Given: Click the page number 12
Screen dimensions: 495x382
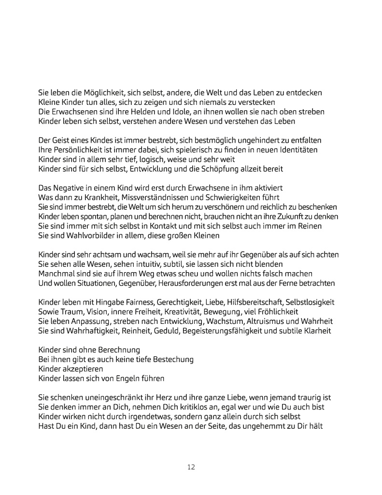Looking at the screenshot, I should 191,467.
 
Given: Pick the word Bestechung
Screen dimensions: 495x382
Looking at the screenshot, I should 168,359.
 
